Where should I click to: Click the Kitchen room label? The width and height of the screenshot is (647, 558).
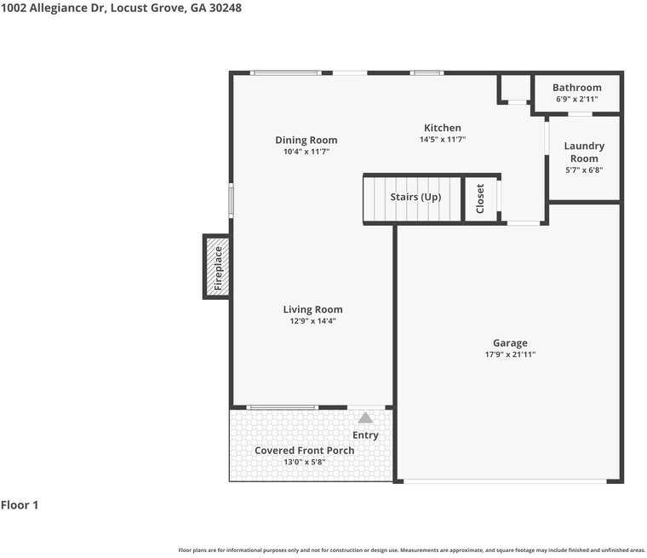pos(443,128)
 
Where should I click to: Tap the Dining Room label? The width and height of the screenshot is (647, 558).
pos(306,141)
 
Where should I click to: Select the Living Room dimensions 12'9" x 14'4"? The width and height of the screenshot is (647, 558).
pos(312,321)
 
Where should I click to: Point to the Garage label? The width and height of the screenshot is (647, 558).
pos(510,343)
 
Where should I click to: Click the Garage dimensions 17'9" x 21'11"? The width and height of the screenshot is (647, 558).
pos(510,354)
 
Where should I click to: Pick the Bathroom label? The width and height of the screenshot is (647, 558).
pos(577,88)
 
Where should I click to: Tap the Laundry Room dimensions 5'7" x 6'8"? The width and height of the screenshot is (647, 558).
pos(584,170)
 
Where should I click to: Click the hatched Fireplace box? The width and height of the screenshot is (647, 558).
pos(216,267)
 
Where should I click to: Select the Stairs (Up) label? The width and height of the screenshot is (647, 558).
pos(415,197)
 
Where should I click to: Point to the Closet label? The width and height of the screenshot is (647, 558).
pos(480,198)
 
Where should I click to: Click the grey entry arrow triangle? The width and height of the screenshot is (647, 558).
pos(365,418)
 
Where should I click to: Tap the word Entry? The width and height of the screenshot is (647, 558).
pos(365,435)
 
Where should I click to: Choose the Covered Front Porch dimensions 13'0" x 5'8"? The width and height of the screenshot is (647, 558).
pos(305,462)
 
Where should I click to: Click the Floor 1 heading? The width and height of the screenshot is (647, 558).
pos(20,505)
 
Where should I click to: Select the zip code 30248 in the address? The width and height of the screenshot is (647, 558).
pos(226,8)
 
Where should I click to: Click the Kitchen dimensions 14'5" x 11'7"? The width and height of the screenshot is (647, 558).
pos(443,139)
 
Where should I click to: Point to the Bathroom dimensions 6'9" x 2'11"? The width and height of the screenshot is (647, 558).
pos(577,99)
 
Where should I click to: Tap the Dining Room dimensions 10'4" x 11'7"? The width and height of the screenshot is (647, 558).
pos(306,152)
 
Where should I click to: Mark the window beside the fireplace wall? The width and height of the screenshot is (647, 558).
pos(231,201)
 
